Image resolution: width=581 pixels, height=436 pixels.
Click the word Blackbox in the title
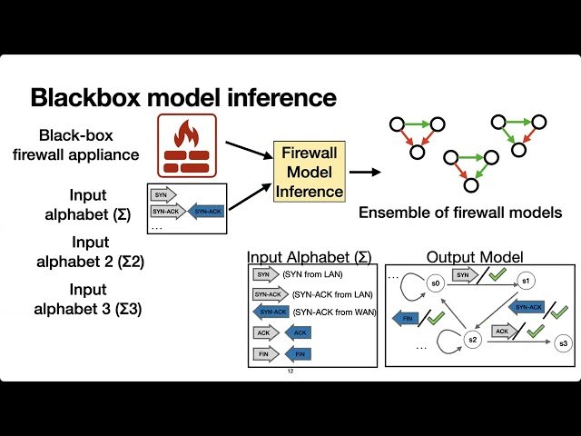[88, 97]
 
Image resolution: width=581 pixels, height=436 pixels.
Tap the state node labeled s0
[436, 283]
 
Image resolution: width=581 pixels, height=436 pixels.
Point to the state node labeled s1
[526, 282]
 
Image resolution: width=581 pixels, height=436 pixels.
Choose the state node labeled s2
[471, 340]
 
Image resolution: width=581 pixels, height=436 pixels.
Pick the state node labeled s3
[563, 342]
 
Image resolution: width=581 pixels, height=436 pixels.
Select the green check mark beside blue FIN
[436, 318]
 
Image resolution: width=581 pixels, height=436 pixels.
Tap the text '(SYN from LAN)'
[314, 274]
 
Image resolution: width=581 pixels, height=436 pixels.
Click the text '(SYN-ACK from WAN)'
[333, 312]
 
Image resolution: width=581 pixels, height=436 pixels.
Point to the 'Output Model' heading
[475, 257]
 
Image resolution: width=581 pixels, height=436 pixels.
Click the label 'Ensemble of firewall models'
[460, 213]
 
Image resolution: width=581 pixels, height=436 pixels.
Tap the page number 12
[290, 372]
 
